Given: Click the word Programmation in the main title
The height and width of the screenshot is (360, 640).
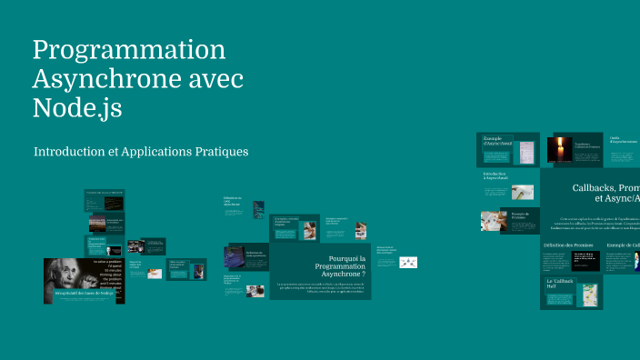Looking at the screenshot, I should click(129, 50).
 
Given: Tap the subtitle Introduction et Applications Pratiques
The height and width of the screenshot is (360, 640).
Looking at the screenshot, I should click(141, 151).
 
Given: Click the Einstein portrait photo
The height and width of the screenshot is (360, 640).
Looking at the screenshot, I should click(67, 276).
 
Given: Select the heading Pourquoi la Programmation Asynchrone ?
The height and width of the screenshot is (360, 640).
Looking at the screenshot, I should click(335, 266).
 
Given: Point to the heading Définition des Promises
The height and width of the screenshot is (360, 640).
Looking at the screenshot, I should click(568, 245).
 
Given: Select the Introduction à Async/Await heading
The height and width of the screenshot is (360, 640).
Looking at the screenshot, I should click(495, 175).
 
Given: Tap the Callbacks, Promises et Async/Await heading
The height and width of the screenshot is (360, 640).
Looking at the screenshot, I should click(605, 192).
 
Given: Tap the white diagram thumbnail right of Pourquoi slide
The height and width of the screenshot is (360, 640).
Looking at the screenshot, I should click(409, 262).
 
